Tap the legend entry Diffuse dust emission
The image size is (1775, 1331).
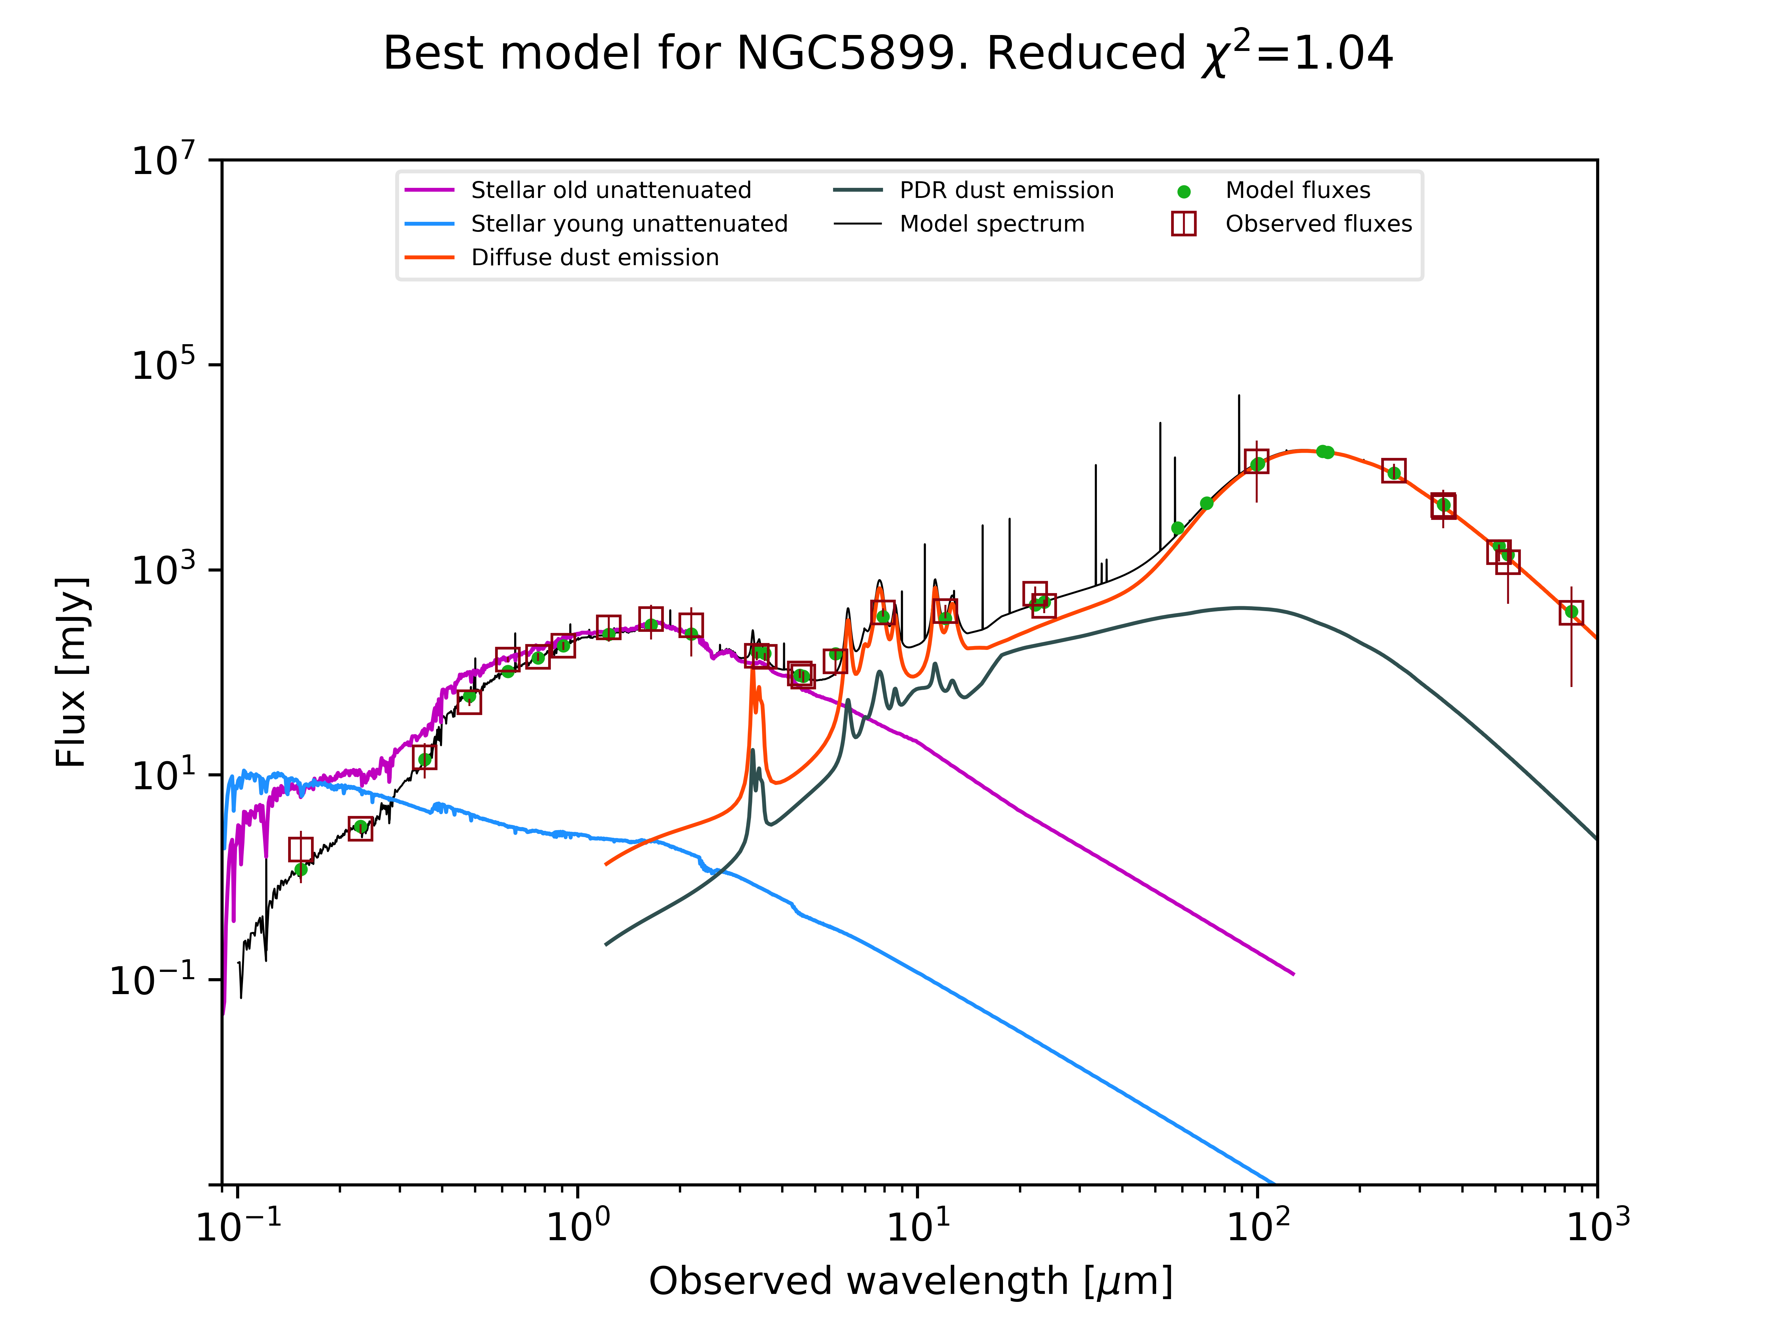[595, 258]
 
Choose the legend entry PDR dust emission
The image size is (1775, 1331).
[1006, 190]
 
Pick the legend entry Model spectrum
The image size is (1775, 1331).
[992, 224]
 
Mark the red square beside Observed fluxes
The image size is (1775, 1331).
[1184, 224]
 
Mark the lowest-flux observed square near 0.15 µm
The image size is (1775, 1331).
[301, 849]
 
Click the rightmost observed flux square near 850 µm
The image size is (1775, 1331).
[1571, 613]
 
